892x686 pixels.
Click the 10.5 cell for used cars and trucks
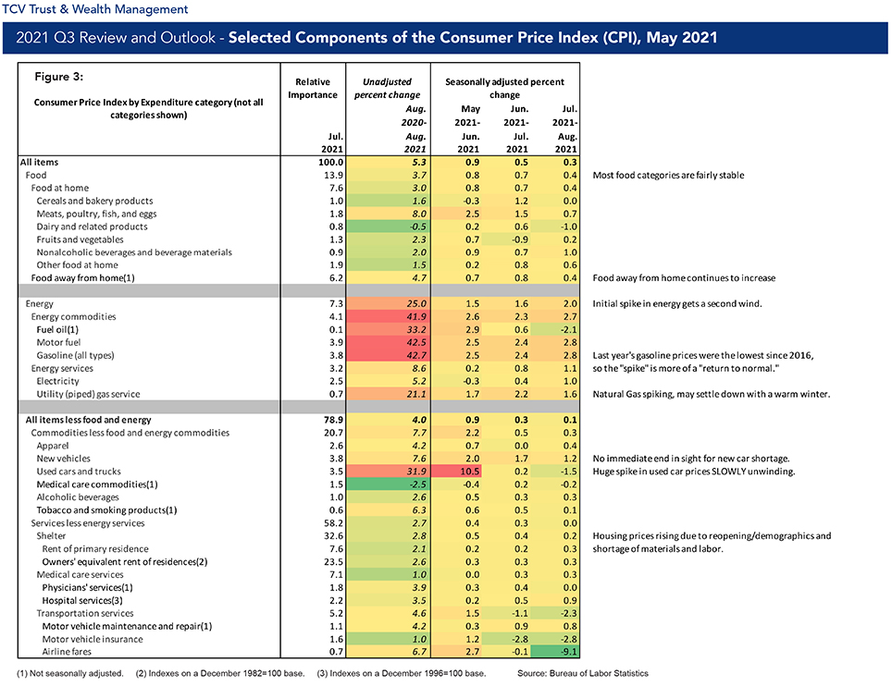tap(457, 472)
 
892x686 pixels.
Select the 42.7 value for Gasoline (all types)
tap(416, 355)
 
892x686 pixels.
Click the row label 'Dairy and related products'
tap(92, 227)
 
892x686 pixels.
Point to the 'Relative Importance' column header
tap(313, 88)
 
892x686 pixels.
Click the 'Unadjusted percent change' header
tap(388, 88)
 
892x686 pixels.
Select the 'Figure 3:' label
tap(58, 77)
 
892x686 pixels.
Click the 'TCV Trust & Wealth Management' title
tap(95, 9)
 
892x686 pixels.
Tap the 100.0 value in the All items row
tap(331, 162)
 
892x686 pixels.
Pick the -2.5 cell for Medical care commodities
tap(416, 484)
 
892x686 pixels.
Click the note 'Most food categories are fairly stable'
tap(668, 175)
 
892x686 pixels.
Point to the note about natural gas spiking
tap(711, 394)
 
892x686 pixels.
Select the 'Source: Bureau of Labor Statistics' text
tap(583, 673)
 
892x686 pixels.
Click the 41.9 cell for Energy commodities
tap(416, 316)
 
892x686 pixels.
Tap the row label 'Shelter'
tap(51, 536)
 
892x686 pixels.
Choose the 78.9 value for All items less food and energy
tap(333, 420)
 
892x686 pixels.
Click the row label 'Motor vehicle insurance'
tap(93, 639)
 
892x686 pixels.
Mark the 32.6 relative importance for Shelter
tap(333, 536)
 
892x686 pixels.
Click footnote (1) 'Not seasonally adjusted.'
tap(70, 673)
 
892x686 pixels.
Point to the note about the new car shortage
tap(691, 459)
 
